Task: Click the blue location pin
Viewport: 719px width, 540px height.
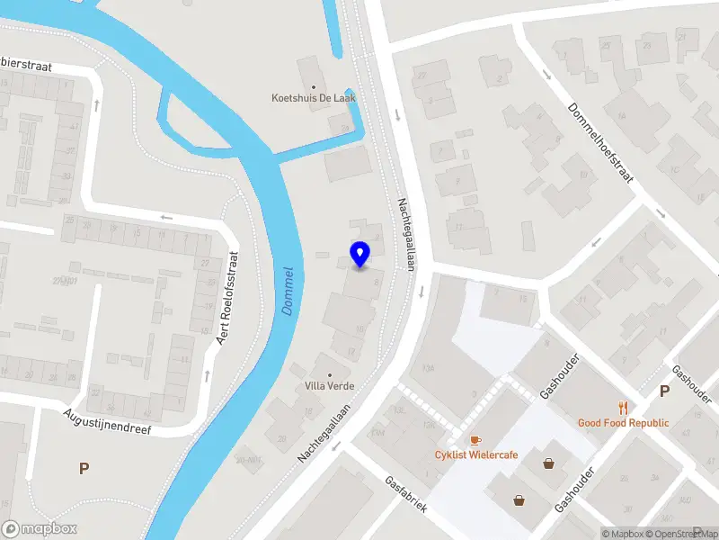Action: [x=359, y=254]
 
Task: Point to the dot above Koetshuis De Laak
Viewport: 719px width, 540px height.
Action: [x=314, y=86]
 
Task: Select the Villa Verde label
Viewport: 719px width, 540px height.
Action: [x=328, y=386]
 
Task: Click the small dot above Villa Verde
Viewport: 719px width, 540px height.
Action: [x=328, y=373]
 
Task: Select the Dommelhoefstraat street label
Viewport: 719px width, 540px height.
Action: [x=601, y=142]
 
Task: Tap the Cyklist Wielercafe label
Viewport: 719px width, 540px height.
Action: [x=476, y=454]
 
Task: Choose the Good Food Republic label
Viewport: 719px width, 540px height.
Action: [x=623, y=423]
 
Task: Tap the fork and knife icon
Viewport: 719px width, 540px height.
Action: [x=623, y=408]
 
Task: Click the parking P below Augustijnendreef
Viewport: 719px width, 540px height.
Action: [x=84, y=468]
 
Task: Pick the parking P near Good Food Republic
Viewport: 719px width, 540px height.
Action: [x=664, y=391]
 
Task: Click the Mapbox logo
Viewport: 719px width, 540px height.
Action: [x=40, y=528]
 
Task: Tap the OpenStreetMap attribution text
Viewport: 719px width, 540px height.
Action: [x=686, y=534]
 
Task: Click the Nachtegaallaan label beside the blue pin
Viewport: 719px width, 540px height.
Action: [x=406, y=232]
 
